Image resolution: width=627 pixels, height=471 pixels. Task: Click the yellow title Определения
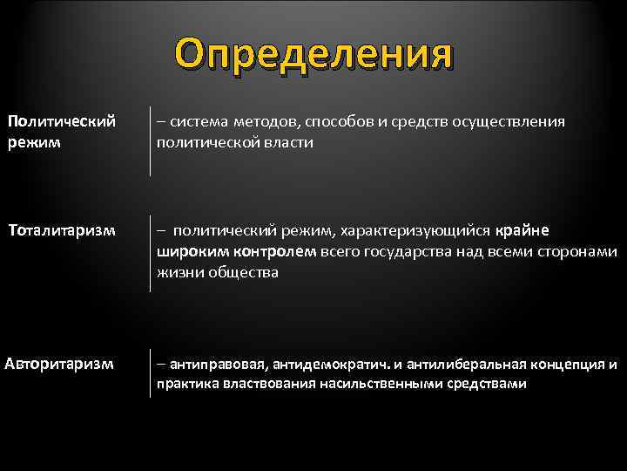(313, 54)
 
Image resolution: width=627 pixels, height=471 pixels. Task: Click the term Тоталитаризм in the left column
(62, 230)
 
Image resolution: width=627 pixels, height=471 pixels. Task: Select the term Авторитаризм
(59, 363)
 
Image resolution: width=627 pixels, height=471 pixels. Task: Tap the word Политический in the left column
(62, 121)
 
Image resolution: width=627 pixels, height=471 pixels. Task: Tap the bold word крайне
(522, 230)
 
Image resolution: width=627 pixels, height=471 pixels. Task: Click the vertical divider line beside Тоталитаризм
(151, 253)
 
